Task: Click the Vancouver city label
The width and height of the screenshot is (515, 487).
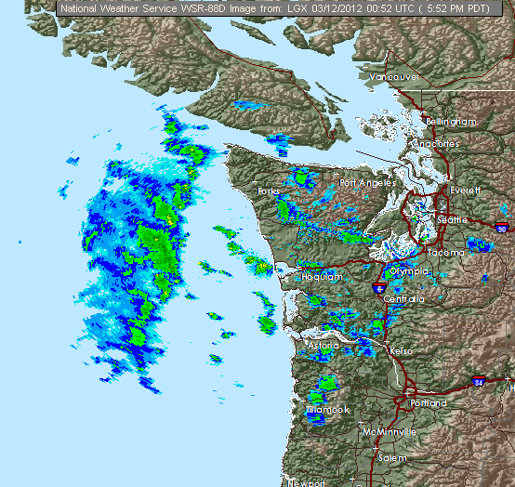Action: [394, 76]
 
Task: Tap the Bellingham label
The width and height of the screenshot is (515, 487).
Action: [451, 122]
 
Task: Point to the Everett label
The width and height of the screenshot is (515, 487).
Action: [465, 190]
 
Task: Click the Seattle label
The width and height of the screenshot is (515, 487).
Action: [453, 220]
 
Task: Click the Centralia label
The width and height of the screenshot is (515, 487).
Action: [403, 299]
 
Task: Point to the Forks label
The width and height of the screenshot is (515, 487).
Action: [269, 191]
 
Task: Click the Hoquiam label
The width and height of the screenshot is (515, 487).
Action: [323, 277]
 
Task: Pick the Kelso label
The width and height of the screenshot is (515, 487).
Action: [402, 352]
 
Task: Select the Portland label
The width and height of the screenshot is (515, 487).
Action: [428, 403]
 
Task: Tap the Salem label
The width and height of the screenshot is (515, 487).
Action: [393, 459]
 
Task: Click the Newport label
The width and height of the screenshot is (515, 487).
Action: [307, 482]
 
